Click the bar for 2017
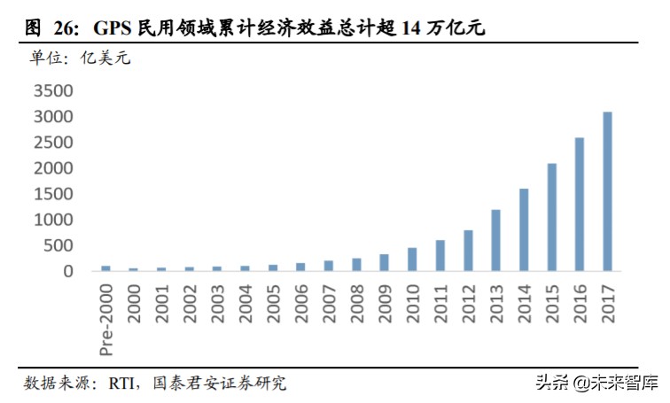(x=607, y=191)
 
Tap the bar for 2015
(x=551, y=217)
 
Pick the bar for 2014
(x=524, y=229)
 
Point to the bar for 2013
(x=495, y=240)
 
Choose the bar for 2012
(x=468, y=251)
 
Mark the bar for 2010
(x=412, y=260)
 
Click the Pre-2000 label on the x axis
(x=105, y=320)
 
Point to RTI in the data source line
(x=123, y=383)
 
